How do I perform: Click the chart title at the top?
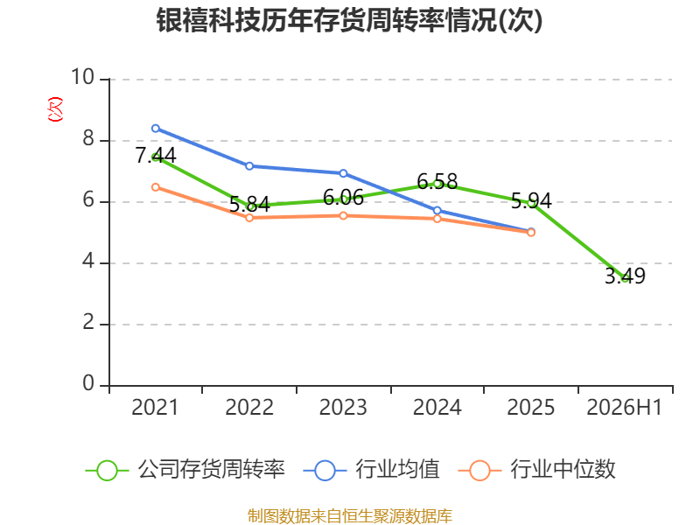coord(349,20)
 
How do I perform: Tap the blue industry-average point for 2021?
coord(156,129)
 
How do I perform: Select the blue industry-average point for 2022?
coord(249,166)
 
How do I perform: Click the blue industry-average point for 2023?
coord(343,173)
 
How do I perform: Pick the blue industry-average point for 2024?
coord(437,210)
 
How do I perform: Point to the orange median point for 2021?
coord(156,187)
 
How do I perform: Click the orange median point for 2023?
coord(343,215)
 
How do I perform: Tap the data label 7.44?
coord(156,156)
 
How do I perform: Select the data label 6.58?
coord(437,182)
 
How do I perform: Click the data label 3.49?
coord(625,276)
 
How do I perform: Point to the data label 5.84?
coord(249,205)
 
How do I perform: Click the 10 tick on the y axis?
coord(83,77)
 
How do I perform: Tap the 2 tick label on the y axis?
coord(88,322)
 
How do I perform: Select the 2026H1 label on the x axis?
coord(624,407)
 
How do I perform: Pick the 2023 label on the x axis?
coord(343,407)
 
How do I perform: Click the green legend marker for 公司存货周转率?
coord(107,471)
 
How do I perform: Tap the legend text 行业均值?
coord(397,469)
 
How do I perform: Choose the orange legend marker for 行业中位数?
coord(479,471)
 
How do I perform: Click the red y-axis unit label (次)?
coord(55,109)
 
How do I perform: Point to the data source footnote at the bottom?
coord(349,516)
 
